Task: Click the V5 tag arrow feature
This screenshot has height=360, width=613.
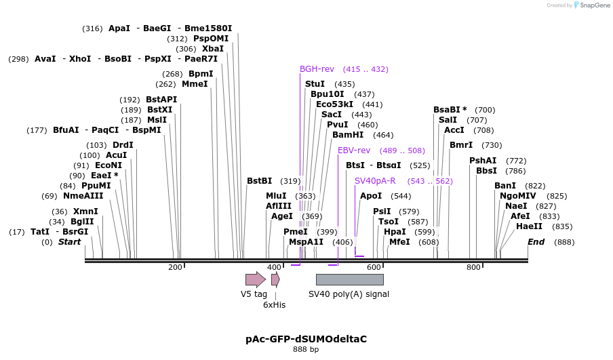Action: point(255,279)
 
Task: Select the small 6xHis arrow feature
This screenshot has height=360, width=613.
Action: point(275,279)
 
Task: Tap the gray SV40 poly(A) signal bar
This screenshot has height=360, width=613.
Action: point(349,279)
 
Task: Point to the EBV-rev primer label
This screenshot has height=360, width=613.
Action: point(354,151)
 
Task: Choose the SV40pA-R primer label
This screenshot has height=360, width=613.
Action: point(375,181)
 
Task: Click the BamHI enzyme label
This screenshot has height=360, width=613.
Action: point(348,135)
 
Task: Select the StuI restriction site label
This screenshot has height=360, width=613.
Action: point(315,84)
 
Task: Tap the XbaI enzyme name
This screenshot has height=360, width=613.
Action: point(213,49)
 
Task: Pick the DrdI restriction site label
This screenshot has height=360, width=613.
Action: point(123,145)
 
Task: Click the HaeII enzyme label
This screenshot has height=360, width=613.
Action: point(529,226)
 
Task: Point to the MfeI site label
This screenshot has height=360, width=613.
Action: point(399,242)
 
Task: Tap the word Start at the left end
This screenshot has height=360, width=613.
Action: point(69,242)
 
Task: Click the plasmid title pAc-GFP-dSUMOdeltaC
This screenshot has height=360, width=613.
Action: point(306,338)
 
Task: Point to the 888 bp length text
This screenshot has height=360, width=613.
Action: point(306,350)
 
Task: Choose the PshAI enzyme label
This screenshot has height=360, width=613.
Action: point(483,161)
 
